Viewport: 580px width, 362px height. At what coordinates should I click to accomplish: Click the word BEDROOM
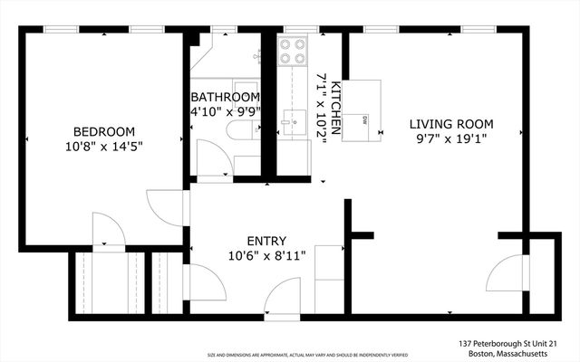click(x=104, y=130)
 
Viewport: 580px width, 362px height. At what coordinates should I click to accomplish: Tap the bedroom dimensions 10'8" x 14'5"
click(x=104, y=145)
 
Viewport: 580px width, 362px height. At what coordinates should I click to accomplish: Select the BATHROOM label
click(x=225, y=98)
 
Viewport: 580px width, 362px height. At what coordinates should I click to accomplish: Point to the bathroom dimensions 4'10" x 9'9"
click(x=225, y=112)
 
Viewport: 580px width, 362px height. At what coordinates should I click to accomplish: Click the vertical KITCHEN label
click(x=334, y=108)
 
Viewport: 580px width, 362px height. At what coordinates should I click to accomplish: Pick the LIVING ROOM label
click(x=450, y=124)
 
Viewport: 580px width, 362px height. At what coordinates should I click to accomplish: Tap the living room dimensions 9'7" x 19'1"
click(x=450, y=138)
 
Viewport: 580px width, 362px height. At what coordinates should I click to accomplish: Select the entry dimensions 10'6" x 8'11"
click(x=266, y=255)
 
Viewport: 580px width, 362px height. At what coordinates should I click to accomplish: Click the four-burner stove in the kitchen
click(x=292, y=51)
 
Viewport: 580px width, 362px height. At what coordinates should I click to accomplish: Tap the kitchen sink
click(x=292, y=120)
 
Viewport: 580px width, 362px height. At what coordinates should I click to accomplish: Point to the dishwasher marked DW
click(x=365, y=118)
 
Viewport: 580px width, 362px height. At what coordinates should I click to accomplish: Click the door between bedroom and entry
click(x=168, y=207)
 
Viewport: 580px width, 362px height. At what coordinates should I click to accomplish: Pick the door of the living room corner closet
click(x=507, y=272)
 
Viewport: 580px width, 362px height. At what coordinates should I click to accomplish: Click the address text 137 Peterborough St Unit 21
click(x=507, y=344)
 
